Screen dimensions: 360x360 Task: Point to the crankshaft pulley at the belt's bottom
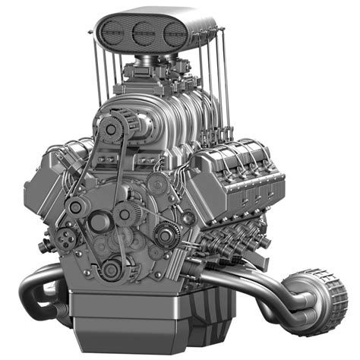pos(112,267)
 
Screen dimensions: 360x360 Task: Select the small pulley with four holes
pos(69,236)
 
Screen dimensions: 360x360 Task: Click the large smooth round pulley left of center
pos(99,222)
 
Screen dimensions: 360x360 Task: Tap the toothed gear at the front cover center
pos(125,214)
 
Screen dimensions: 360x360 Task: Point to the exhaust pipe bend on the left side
pos(38,292)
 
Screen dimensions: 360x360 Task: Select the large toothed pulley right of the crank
pos(164,234)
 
